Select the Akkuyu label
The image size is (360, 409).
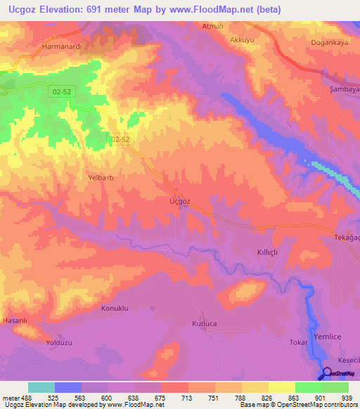point(242,40)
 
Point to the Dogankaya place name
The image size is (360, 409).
point(330,42)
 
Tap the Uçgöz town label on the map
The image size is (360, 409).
point(180,201)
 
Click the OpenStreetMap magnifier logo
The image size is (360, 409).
point(328,373)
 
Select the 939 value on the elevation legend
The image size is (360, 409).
point(345,397)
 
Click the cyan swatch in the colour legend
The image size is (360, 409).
point(41,387)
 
